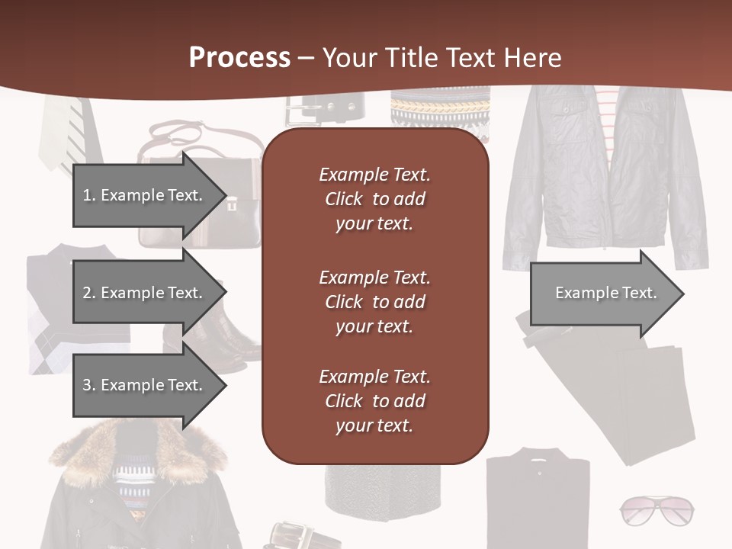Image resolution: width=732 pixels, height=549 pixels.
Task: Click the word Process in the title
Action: click(x=239, y=58)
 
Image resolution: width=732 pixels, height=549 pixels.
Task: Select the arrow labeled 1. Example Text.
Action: click(x=145, y=195)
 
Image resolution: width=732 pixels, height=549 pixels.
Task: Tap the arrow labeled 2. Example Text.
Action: click(x=145, y=293)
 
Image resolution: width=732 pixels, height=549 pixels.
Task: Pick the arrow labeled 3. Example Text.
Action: click(x=145, y=385)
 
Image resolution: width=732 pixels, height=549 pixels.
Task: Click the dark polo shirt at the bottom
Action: click(x=538, y=499)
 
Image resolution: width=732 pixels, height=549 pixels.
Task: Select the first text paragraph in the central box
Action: click(x=374, y=199)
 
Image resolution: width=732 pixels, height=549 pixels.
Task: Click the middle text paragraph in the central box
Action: click(x=374, y=302)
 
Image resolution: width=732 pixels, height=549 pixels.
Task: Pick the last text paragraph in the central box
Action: click(x=374, y=401)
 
